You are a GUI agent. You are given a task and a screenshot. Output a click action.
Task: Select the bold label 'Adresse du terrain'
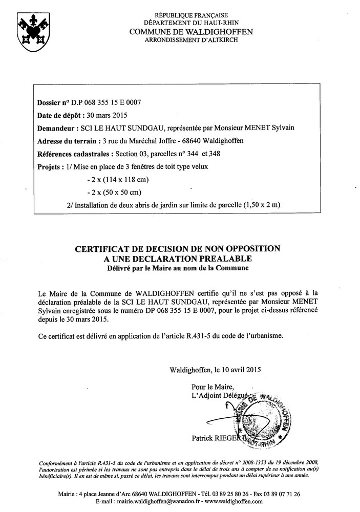click(67, 141)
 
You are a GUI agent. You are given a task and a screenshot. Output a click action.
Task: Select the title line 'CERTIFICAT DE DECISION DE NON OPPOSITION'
click(178, 248)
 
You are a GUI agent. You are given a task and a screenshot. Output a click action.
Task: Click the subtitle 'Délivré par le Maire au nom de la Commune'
click(178, 267)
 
